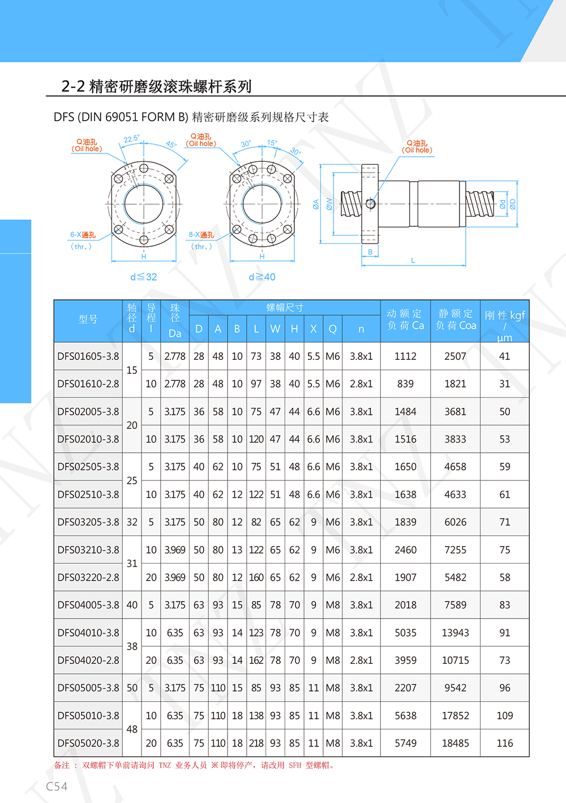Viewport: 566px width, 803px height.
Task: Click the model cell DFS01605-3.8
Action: pos(88,357)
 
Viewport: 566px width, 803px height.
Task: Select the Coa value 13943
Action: pos(455,633)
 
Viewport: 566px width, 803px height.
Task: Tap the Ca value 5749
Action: pos(405,743)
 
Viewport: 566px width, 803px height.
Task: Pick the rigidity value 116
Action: pos(505,743)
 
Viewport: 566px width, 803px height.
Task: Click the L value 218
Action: pos(256,743)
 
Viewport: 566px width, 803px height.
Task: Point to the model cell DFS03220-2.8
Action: pos(88,578)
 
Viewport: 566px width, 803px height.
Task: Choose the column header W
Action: pos(275,329)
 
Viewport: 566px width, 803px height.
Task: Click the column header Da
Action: pos(175,333)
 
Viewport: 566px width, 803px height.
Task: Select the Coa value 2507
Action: pos(455,357)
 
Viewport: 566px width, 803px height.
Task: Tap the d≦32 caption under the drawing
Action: pos(143,277)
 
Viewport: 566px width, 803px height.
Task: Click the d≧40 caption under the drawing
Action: pos(262,277)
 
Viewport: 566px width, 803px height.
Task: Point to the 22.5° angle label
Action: pos(131,139)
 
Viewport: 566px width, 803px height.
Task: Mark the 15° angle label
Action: pos(272,143)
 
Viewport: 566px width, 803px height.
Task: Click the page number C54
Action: pos(57,787)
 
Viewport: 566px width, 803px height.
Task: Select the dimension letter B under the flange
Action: pos(370,252)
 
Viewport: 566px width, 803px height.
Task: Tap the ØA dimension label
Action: pos(316,204)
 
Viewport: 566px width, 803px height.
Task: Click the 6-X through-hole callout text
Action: pos(83,235)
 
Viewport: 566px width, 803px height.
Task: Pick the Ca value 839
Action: pos(405,384)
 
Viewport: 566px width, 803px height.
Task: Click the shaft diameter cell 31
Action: pos(132,564)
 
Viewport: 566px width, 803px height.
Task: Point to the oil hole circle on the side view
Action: pos(371,204)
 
